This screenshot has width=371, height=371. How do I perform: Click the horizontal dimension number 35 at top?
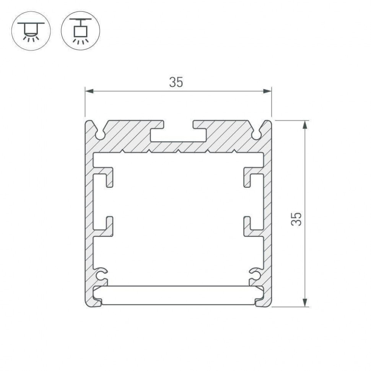pos(176,82)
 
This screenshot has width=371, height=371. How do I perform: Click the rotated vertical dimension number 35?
pos(296,218)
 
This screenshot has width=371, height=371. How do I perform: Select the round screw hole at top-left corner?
pos(100,135)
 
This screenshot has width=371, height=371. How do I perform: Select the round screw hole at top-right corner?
pos(256,135)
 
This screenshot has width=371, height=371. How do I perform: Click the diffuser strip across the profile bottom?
pos(178,295)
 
